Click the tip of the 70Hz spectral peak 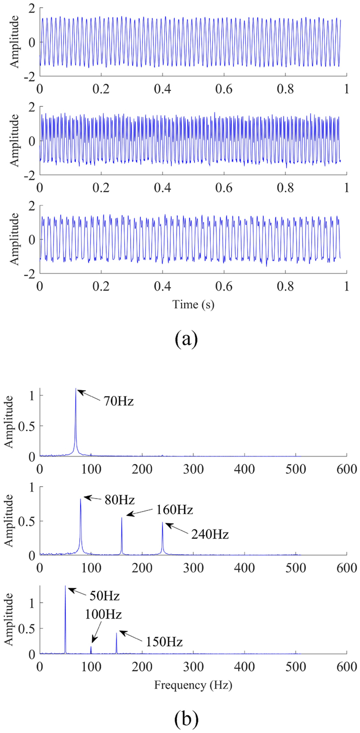(76, 389)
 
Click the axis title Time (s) (193, 304)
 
